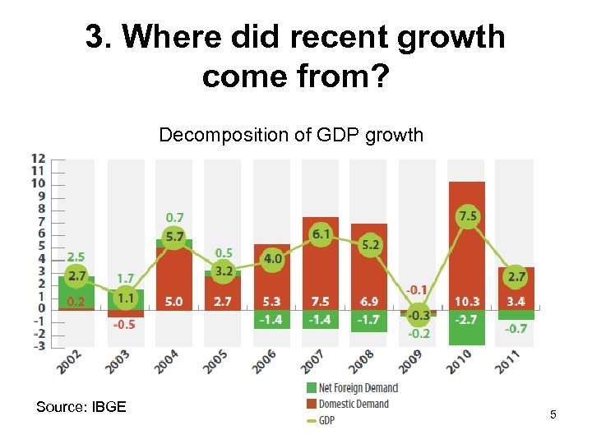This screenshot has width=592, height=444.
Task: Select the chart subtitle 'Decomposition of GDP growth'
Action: (291, 134)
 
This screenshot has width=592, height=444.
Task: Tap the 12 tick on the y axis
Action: (38, 159)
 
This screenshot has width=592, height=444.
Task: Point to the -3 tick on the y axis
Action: (38, 346)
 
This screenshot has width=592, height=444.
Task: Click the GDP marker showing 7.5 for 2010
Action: (467, 216)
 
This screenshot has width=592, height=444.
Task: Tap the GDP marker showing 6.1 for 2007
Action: (321, 234)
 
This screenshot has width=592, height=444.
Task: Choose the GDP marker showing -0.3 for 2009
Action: (419, 315)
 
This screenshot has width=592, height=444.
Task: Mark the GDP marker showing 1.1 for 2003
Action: (126, 298)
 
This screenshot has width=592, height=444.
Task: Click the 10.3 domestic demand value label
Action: (467, 302)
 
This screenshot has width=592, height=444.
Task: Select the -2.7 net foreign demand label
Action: (467, 319)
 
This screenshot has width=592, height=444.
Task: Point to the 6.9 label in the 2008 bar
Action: (368, 302)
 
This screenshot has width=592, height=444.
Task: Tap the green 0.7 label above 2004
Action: (174, 218)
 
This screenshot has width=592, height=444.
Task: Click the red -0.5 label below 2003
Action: (124, 325)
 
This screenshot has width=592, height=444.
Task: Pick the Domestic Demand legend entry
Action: (346, 404)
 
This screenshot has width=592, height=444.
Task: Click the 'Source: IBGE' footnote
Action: (81, 406)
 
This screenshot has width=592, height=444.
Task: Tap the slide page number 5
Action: (553, 415)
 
